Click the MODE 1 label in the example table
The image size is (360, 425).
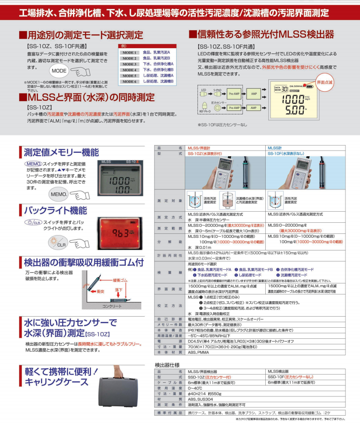point(129,52)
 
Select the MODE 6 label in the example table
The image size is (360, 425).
point(129,82)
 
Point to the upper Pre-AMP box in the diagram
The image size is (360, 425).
point(234,93)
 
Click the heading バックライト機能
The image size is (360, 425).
point(55,211)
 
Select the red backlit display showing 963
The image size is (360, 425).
point(120,233)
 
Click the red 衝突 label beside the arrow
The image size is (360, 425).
point(100,291)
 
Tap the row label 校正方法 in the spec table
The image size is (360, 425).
point(169,306)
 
